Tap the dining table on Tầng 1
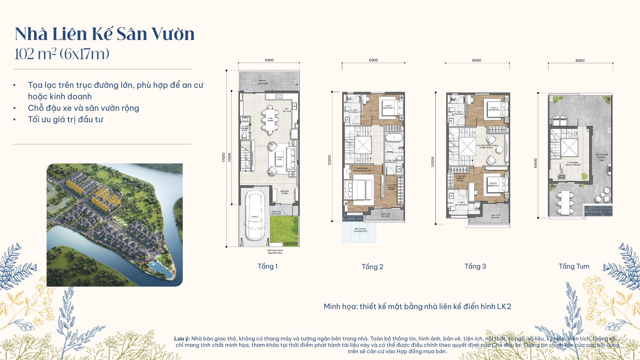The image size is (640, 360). coord(270,120)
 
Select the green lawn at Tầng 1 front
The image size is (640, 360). coord(284,231)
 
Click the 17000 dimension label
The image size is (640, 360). coord(223,157)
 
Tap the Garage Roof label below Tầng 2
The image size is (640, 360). coord(360,230)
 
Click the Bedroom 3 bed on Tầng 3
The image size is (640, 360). coord(493,185)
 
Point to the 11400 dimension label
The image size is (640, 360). coord(536,163)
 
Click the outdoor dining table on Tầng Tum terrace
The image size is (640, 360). coord(565,203)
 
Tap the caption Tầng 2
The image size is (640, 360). coord(372,267)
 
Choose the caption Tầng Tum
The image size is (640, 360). coord(574,266)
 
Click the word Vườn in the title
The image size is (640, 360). coord(173,34)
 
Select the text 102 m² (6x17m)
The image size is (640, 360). coord(62,54)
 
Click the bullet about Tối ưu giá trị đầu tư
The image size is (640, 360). coord(65,120)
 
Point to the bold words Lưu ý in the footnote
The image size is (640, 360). coord(182,338)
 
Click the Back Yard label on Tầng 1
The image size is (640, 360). coord(262,82)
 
